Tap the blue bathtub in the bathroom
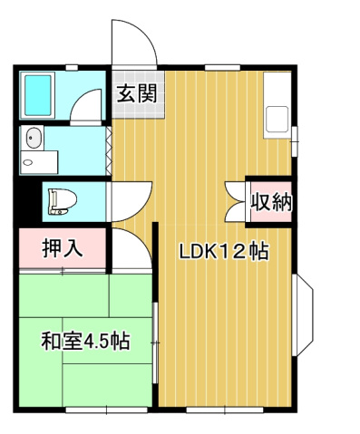click(x=39, y=93)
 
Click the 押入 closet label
click(x=63, y=248)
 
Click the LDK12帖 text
click(x=222, y=252)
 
